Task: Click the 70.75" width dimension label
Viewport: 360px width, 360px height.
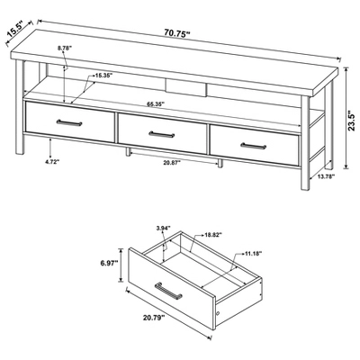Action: tap(177, 32)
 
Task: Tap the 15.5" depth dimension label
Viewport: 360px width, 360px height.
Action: tap(15, 31)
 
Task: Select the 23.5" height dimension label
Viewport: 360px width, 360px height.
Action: tap(353, 121)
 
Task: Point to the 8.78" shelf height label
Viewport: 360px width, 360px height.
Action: tap(65, 48)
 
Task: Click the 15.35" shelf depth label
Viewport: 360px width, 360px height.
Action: tap(103, 76)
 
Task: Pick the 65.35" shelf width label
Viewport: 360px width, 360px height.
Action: tap(156, 104)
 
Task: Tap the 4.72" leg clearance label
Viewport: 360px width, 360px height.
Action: tap(52, 162)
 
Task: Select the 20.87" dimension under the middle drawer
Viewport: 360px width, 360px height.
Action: tap(172, 162)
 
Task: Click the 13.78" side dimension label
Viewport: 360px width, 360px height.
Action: tap(327, 176)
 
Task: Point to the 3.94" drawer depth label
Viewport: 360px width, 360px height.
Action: tap(163, 229)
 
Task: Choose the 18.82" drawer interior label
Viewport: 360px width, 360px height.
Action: tap(212, 235)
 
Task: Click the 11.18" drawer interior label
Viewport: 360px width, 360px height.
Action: tap(253, 254)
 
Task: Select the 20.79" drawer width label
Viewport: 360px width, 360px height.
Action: tap(154, 317)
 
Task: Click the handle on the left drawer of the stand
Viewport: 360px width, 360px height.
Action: tap(69, 122)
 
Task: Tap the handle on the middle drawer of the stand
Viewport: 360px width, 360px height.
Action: tap(162, 134)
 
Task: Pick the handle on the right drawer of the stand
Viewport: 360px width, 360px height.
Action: tap(254, 146)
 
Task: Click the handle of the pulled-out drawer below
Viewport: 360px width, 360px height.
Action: tap(168, 291)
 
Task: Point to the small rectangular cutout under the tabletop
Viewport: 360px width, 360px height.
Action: tap(186, 88)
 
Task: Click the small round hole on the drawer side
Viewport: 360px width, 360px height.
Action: tap(218, 313)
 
